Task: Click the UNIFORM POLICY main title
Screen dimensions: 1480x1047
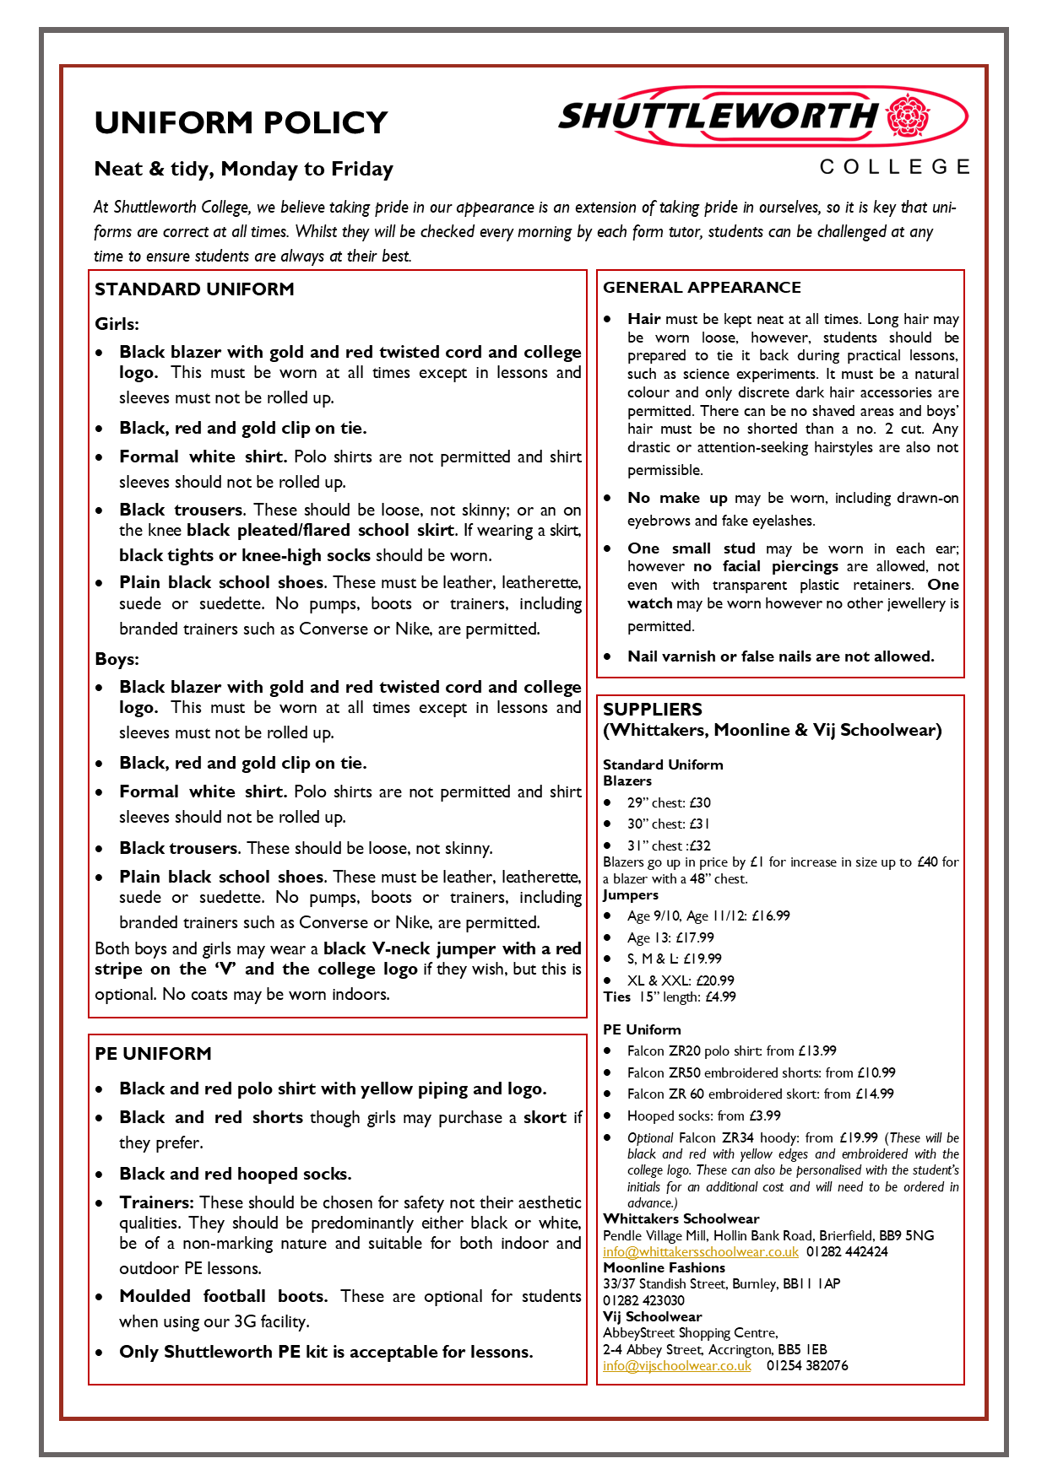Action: coord(241,123)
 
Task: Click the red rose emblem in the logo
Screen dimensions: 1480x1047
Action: coord(908,117)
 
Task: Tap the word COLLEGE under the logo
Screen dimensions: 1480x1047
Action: coord(895,167)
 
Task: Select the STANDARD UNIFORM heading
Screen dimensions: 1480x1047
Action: coord(194,289)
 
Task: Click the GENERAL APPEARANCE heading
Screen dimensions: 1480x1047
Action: coord(702,288)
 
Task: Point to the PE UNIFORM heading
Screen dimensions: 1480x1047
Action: coord(153,1054)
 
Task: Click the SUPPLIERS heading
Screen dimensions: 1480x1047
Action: coord(653,710)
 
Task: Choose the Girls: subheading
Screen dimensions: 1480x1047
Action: coord(117,324)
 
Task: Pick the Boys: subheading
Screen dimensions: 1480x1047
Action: coord(117,659)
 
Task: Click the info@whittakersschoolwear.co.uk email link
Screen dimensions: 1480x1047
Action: coord(700,1252)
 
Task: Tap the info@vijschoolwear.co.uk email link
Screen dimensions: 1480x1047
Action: coord(676,1366)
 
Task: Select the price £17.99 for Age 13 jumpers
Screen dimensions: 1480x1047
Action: coord(694,937)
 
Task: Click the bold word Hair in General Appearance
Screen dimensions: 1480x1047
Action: coord(643,319)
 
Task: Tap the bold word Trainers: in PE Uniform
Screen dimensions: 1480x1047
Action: coord(156,1202)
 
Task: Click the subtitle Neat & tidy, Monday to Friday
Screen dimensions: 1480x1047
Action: coord(243,169)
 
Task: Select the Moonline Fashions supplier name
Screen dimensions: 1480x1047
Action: coord(664,1268)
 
